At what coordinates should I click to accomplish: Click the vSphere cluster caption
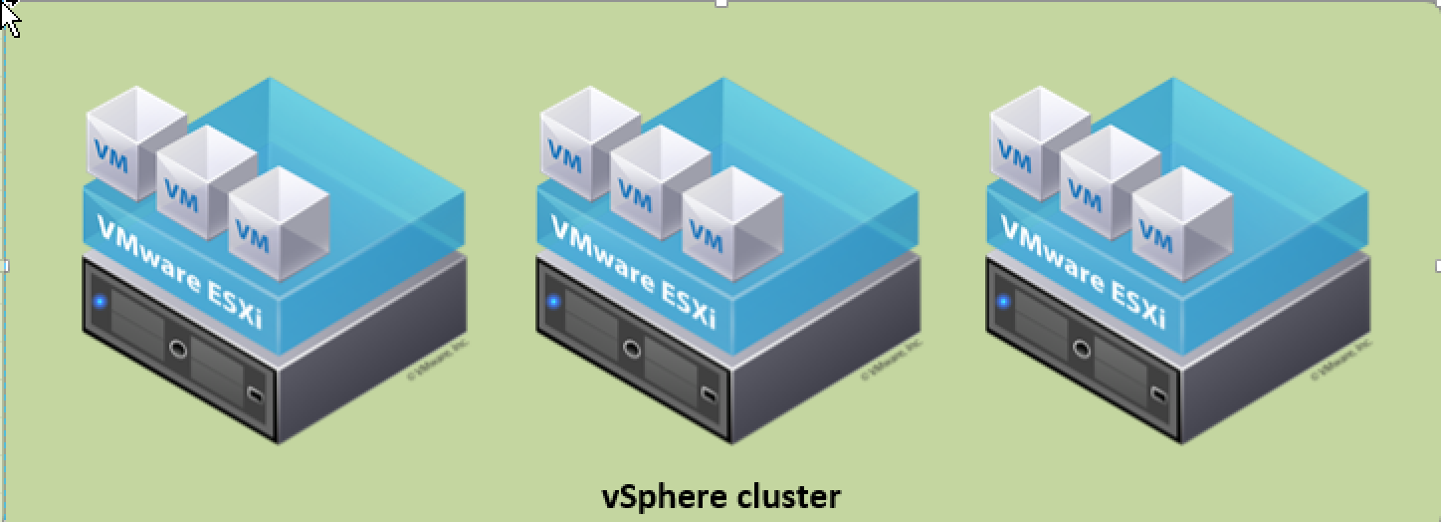click(720, 495)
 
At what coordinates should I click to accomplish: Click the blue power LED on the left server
click(100, 301)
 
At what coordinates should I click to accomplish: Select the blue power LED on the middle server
click(553, 301)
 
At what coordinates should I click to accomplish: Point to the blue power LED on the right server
click(1003, 301)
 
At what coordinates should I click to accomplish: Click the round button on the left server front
click(178, 349)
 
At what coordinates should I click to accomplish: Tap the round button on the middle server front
click(632, 349)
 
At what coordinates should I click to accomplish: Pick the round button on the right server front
click(1082, 349)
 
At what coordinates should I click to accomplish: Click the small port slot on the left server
click(256, 394)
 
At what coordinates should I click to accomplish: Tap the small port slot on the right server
click(1159, 394)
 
